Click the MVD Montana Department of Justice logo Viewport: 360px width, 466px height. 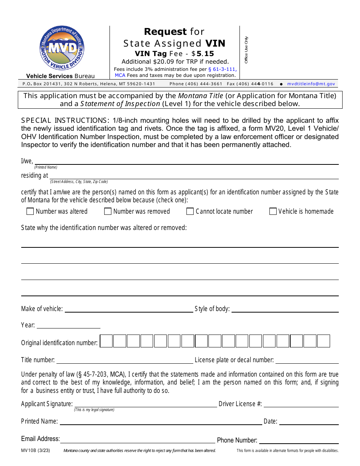pyautogui.click(x=62, y=48)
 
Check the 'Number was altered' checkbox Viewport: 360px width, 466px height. pyautogui.click(x=30, y=211)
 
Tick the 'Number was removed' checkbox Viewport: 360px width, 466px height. pyautogui.click(x=108, y=211)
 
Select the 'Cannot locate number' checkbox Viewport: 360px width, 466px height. pyautogui.click(x=190, y=211)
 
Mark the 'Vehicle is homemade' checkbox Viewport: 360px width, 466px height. pyautogui.click(x=273, y=211)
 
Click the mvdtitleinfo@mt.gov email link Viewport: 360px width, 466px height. pyautogui.click(x=311, y=84)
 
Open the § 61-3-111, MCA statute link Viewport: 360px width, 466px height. pyautogui.click(x=222, y=69)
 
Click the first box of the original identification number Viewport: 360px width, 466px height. pyautogui.click(x=106, y=341)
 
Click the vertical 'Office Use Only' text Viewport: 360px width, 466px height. pyautogui.click(x=246, y=50)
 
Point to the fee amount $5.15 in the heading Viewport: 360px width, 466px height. pyautogui.click(x=203, y=54)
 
